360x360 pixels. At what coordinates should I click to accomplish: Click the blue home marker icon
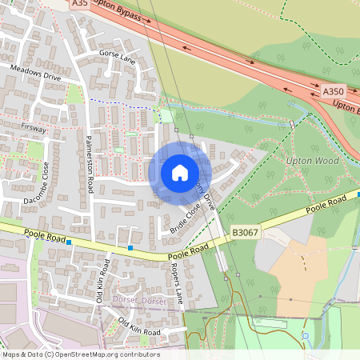[x=179, y=172]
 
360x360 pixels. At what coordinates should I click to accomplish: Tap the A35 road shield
[x=79, y=4]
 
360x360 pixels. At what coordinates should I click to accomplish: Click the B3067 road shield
[x=245, y=232]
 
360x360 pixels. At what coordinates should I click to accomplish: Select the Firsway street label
[x=34, y=127]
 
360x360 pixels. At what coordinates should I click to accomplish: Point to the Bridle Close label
[x=185, y=218]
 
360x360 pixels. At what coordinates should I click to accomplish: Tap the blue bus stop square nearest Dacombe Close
[x=70, y=242]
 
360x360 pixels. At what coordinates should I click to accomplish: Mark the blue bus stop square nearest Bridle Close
[x=130, y=249]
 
